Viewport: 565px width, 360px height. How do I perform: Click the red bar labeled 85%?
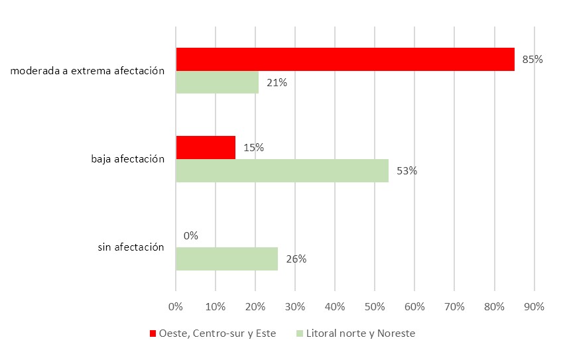coord(345,59)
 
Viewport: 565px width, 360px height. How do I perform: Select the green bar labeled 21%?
coord(217,82)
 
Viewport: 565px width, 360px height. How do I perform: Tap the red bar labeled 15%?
coord(206,147)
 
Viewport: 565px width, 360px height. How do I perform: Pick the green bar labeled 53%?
coord(282,170)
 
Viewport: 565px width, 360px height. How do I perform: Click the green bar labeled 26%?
coord(227,259)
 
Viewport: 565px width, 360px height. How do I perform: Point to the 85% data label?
coord(533,60)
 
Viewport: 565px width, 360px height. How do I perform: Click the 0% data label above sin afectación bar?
coord(190,235)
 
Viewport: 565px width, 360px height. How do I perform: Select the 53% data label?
coord(407,170)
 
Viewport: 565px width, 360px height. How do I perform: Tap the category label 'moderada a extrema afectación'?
coord(88,71)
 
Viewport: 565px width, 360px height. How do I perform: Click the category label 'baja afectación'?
coord(127,159)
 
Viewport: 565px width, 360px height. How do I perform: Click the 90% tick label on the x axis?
coord(534,306)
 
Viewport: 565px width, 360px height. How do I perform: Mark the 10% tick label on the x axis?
coord(215,306)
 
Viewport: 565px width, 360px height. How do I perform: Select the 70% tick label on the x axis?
coord(454,306)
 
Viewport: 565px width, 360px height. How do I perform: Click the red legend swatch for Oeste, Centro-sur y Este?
coord(153,333)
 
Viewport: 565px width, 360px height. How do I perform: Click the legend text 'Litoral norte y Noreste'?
coord(359,333)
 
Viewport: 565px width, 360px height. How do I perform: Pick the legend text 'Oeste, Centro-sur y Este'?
coord(218,333)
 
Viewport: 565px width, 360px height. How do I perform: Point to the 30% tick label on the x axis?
coord(295,306)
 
